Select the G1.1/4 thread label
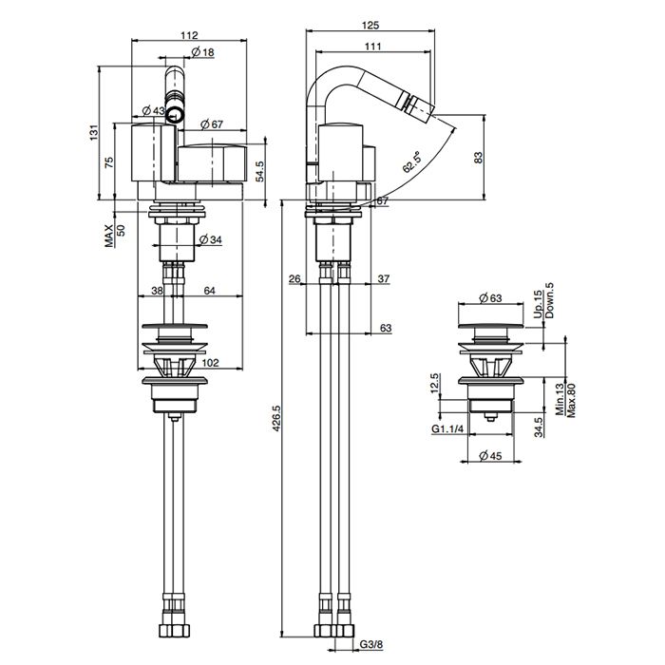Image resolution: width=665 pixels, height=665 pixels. pyautogui.click(x=447, y=430)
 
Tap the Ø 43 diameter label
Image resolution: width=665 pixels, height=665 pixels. pyautogui.click(x=153, y=111)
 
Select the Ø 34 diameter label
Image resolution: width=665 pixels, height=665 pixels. pyautogui.click(x=211, y=238)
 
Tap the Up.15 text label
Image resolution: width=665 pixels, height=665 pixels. pyautogui.click(x=537, y=305)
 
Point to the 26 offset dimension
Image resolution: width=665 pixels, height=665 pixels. pyautogui.click(x=294, y=278)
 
